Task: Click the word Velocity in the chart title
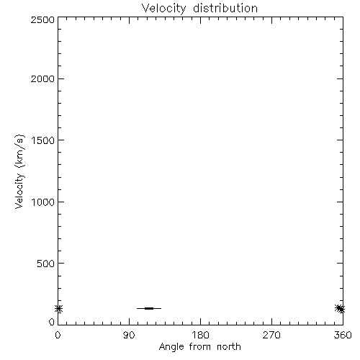163,9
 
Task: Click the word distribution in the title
225,8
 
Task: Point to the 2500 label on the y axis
42,19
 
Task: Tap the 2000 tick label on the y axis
42,78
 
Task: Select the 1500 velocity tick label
43,140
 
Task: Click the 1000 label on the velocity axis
43,202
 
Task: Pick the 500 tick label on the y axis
46,264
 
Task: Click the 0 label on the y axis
52,322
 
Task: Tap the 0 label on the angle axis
58,335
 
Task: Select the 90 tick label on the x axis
129,335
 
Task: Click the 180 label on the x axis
200,335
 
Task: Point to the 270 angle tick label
271,335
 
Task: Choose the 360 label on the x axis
343,335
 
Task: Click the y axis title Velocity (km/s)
19,171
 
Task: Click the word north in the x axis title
229,347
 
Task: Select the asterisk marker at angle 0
58,309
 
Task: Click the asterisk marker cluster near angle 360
340,309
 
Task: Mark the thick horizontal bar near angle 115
149,308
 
